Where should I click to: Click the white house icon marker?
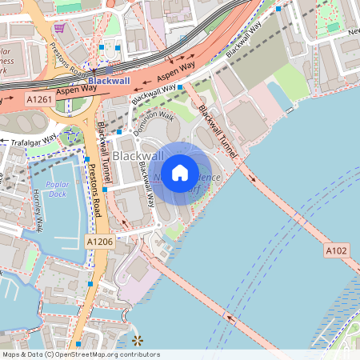click(180, 171)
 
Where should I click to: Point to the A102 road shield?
click(337, 251)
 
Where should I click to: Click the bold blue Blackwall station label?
click(110, 81)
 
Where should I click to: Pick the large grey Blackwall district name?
click(138, 154)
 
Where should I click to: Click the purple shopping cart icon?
click(59, 27)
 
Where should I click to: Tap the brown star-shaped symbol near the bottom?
click(137, 341)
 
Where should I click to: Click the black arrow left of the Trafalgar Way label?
click(4, 141)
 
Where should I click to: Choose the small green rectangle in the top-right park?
click(332, 28)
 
